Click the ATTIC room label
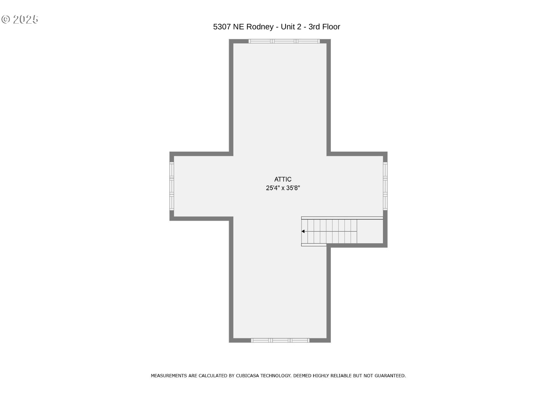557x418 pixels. point(283,179)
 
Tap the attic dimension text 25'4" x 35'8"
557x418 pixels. point(283,188)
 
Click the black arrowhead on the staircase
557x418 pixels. point(303,231)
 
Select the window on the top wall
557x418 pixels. point(284,41)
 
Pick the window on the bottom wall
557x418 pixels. point(280,340)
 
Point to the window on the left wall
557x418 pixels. point(172,186)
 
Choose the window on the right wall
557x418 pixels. point(385,186)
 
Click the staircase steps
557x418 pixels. point(329,231)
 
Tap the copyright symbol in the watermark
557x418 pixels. point(6,19)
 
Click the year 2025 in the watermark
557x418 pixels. point(26,19)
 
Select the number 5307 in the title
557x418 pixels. point(222,27)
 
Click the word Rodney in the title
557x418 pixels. point(260,27)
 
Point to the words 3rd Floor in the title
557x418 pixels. point(324,27)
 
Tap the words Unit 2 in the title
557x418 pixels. point(291,27)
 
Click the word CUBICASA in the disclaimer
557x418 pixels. point(247,376)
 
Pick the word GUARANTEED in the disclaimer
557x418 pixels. point(390,376)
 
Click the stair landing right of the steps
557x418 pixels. point(370,231)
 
